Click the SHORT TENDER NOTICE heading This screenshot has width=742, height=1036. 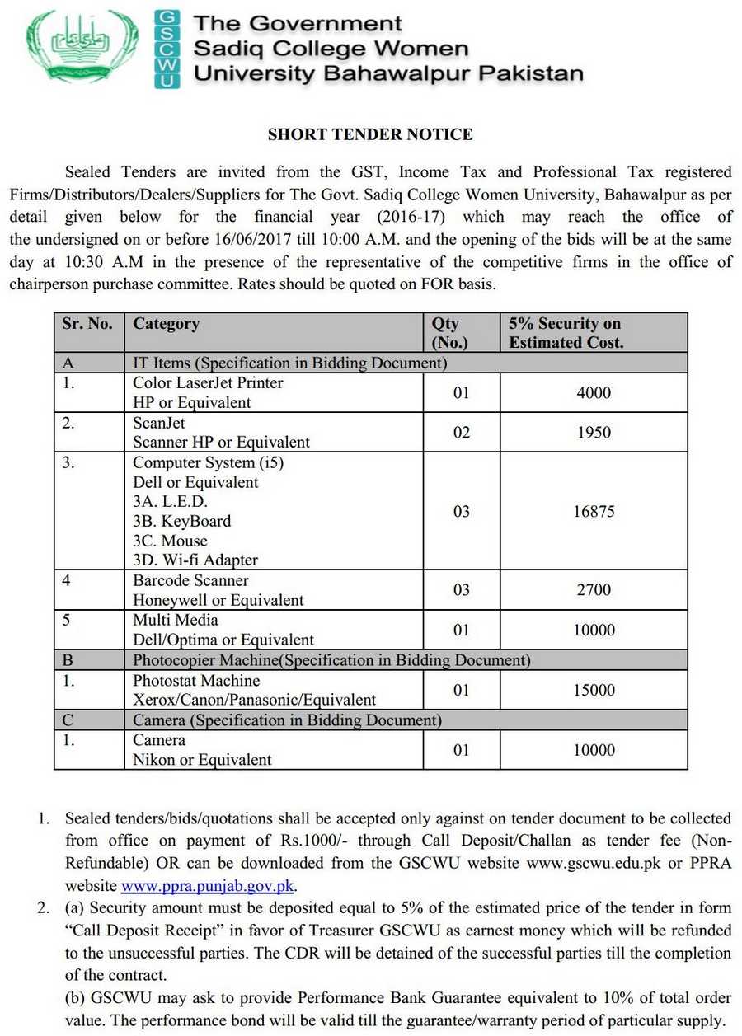[370, 134]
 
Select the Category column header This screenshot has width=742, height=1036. [166, 324]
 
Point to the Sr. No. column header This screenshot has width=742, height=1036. [87, 324]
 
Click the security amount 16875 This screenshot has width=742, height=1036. [594, 512]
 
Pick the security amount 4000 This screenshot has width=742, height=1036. [594, 393]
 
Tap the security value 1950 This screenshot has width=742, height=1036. [594, 433]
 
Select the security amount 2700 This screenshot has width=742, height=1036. [594, 591]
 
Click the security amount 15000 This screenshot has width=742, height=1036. [594, 691]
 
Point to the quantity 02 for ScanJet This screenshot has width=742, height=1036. [461, 433]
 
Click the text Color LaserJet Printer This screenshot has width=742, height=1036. [208, 383]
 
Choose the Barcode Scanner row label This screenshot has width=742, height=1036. [190, 580]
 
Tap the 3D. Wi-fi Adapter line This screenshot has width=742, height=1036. [195, 560]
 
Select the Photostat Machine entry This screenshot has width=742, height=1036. [196, 681]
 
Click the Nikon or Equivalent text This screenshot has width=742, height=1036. [202, 760]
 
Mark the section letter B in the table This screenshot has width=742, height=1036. [68, 660]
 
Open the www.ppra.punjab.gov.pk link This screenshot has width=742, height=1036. [208, 887]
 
